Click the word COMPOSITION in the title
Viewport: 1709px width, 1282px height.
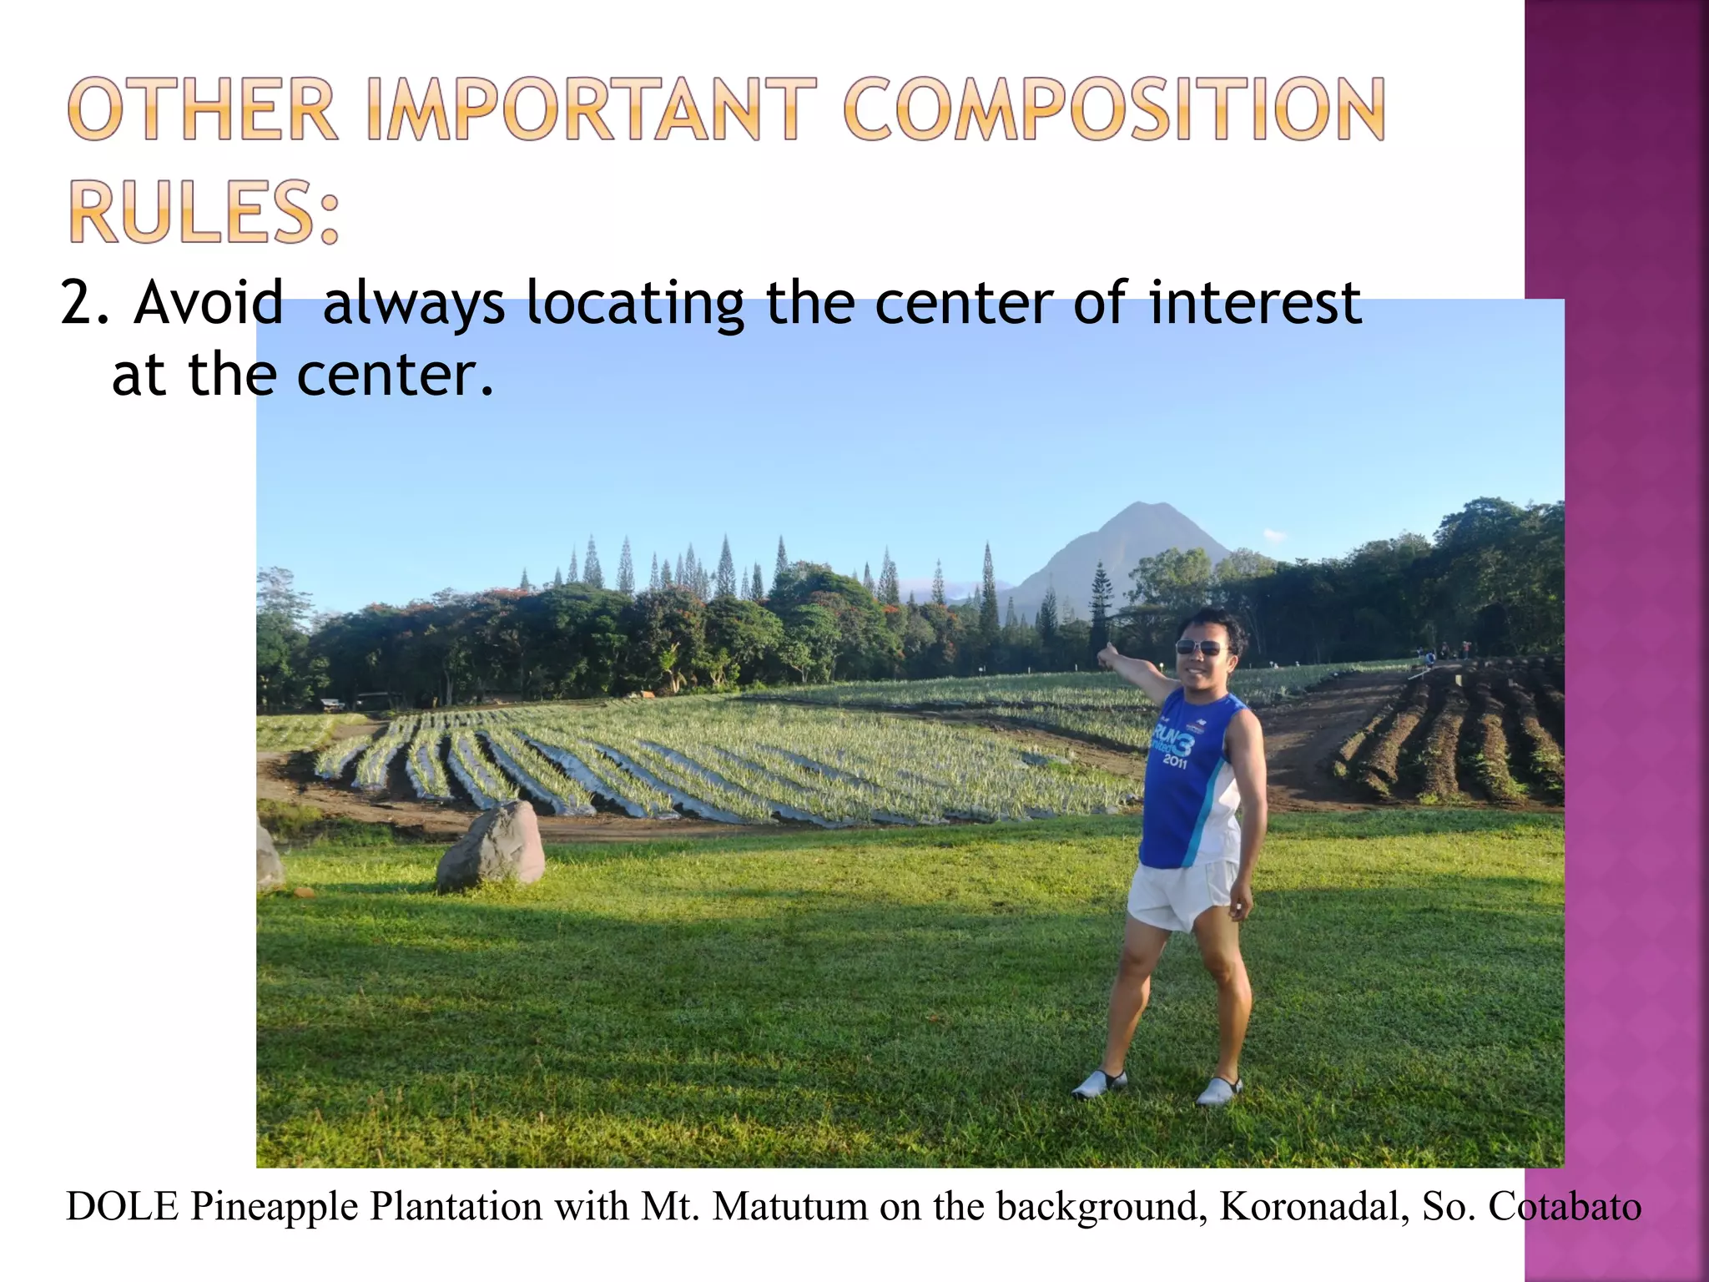[x=1114, y=109]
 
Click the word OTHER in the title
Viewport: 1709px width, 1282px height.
[x=203, y=109]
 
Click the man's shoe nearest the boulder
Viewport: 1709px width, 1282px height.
[x=1100, y=1084]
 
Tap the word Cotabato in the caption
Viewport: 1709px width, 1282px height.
[x=1565, y=1206]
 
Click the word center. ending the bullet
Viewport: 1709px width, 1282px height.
[x=396, y=375]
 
